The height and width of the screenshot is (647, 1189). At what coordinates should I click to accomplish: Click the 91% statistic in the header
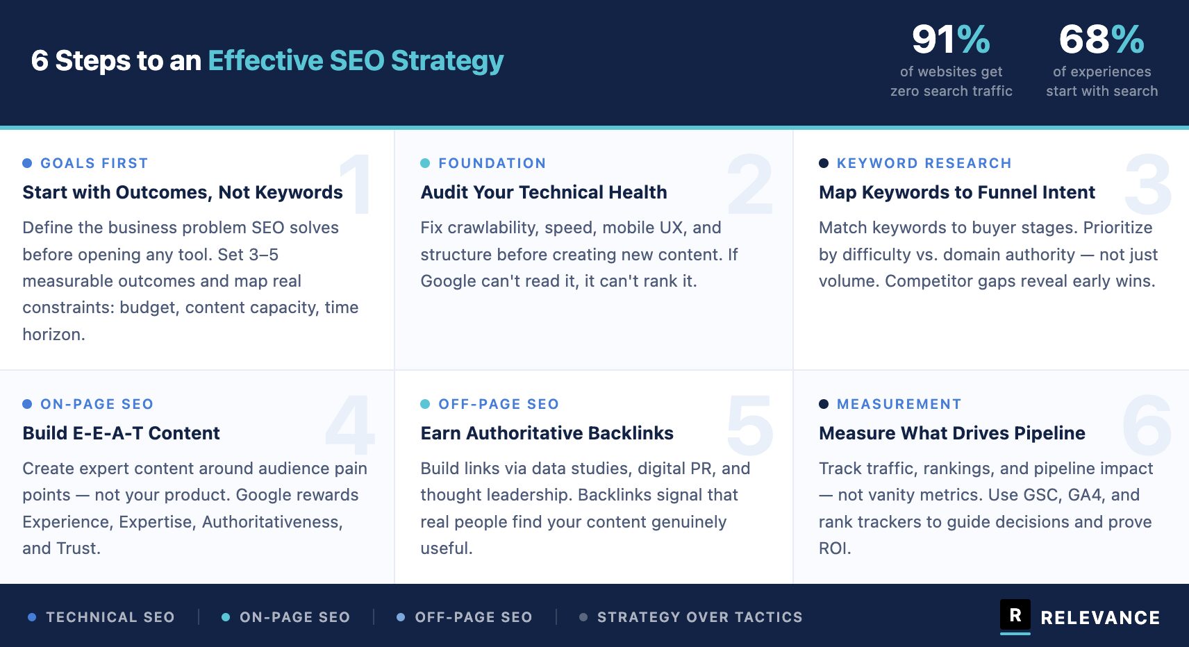(951, 40)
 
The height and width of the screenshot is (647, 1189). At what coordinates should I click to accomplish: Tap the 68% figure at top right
(1101, 40)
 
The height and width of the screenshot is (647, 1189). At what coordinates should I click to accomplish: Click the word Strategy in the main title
(447, 61)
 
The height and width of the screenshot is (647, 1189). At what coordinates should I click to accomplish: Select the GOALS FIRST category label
(94, 163)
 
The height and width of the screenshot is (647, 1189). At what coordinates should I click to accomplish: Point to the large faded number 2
(749, 184)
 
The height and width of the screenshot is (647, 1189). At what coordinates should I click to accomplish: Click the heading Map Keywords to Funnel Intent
(956, 192)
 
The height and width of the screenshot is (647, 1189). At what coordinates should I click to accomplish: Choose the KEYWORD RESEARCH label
(924, 163)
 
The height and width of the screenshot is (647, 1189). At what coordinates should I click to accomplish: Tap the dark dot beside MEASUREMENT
(823, 404)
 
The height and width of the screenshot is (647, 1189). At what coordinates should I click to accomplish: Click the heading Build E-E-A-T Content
(121, 433)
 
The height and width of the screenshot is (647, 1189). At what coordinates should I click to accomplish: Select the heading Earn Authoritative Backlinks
(547, 433)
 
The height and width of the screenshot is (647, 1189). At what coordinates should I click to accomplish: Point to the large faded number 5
(749, 425)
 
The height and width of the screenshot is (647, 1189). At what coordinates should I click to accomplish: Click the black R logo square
(1015, 614)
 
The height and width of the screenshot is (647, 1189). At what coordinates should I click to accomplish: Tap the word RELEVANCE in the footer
(1100, 618)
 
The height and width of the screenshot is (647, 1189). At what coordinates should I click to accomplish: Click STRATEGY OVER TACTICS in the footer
(699, 617)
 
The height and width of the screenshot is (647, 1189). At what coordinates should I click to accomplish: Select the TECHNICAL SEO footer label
(110, 617)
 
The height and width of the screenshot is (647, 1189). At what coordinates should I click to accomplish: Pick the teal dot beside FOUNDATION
(425, 163)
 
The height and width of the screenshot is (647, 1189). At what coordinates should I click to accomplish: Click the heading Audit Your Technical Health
(544, 192)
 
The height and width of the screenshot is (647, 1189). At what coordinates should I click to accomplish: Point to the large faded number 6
(1147, 425)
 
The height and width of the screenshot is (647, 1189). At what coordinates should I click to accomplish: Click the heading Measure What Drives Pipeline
(951, 433)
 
